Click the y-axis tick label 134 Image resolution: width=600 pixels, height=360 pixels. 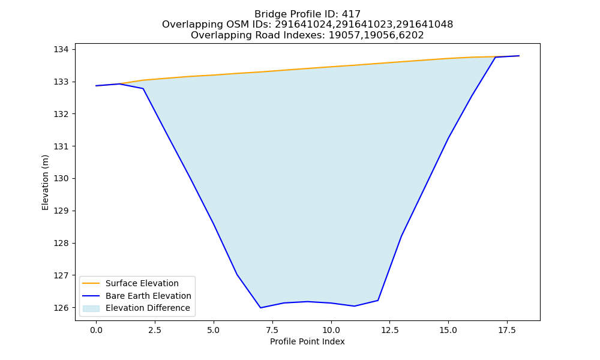pyautogui.click(x=61, y=50)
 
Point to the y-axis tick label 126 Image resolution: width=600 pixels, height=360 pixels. pyautogui.click(x=61, y=308)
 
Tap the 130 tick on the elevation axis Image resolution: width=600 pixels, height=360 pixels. pyautogui.click(x=61, y=179)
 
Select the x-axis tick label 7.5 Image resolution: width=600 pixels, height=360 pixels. pyautogui.click(x=272, y=330)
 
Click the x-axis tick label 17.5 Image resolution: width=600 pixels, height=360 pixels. pyautogui.click(x=507, y=330)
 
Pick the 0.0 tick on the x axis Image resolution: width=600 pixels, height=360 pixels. pyautogui.click(x=96, y=330)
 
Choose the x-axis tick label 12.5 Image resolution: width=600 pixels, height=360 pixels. pyautogui.click(x=389, y=330)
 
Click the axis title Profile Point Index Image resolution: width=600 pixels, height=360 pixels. pyautogui.click(x=307, y=341)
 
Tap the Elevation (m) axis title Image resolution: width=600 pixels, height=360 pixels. pyautogui.click(x=46, y=182)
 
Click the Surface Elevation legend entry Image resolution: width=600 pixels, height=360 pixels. pyautogui.click(x=142, y=283)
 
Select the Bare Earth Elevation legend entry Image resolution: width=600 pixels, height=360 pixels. pyautogui.click(x=148, y=296)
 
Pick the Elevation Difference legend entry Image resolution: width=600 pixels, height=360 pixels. pyautogui.click(x=148, y=308)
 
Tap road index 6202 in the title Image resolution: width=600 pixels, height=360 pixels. pyautogui.click(x=412, y=35)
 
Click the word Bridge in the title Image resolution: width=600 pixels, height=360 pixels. pyautogui.click(x=267, y=14)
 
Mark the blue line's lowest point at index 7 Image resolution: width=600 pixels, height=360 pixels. pyautogui.click(x=260, y=308)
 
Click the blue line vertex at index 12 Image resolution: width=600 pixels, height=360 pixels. pyautogui.click(x=377, y=301)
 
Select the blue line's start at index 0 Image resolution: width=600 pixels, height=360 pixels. pyautogui.click(x=96, y=86)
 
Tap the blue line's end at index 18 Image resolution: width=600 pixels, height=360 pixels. pyautogui.click(x=519, y=56)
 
